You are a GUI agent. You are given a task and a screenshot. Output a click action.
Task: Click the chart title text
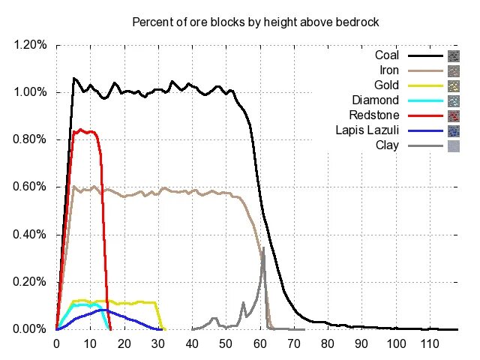tap(255, 22)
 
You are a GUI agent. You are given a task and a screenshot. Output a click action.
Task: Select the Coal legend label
tap(387, 55)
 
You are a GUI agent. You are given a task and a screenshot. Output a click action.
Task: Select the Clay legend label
tap(390, 145)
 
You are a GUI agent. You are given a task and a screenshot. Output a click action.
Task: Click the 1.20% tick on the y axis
tap(31, 45)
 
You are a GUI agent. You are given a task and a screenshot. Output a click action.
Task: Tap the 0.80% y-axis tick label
tap(31, 139)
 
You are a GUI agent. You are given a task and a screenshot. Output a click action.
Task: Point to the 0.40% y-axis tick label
tap(31, 235)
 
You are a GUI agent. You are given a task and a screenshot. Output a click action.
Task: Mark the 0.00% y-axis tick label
tap(31, 329)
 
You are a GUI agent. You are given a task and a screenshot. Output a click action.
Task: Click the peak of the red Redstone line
tap(80, 130)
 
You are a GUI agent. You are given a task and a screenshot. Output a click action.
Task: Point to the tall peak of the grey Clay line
tap(262, 247)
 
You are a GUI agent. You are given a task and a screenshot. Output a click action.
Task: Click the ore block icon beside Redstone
tap(453, 115)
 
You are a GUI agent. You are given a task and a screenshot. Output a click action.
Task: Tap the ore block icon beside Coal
tap(453, 56)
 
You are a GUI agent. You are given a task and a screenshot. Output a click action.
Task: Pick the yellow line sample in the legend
tap(424, 85)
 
